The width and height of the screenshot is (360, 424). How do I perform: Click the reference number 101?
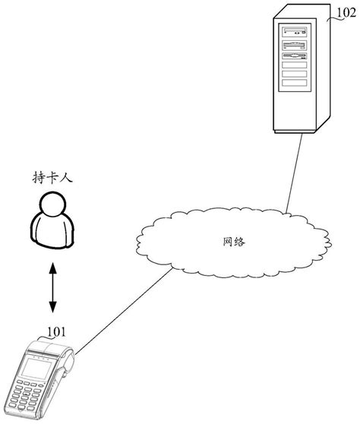tap(55, 331)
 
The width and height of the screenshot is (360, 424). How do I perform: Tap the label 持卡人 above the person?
tap(53, 179)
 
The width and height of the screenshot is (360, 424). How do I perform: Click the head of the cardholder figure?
tap(53, 204)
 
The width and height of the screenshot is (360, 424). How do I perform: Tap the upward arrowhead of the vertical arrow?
tap(53, 266)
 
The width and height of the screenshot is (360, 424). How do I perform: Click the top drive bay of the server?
tap(295, 33)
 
